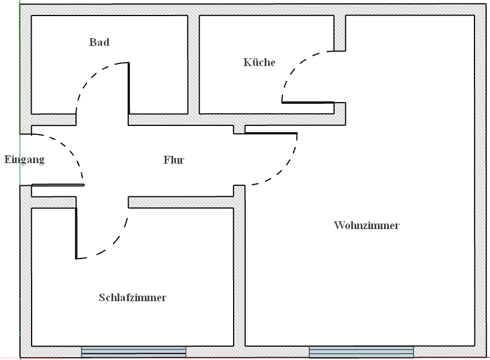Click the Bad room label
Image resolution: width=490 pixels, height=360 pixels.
coord(99,42)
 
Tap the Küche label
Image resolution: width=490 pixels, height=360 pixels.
coord(259,62)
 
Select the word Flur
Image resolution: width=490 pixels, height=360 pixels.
coord(174,160)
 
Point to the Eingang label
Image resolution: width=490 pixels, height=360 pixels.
coord(24,160)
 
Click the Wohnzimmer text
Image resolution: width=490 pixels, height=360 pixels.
coord(367,226)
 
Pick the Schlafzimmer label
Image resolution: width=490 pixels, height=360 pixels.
coord(133,298)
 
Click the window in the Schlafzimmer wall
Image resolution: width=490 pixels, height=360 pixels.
coord(134,352)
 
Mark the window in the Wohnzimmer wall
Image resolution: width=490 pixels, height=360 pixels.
coord(361,352)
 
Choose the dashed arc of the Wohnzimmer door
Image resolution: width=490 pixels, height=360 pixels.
coord(283,169)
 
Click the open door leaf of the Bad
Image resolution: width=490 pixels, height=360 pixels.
coord(129,89)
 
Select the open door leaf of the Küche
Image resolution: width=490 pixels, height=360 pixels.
coord(308,103)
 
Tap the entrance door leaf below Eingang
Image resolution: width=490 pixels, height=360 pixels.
coord(53,185)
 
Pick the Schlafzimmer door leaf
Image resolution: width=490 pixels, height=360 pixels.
coord(76,233)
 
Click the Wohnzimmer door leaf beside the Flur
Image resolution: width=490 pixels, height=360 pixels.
coord(271,134)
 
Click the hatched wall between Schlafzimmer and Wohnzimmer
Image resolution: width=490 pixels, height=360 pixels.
coord(239,272)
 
